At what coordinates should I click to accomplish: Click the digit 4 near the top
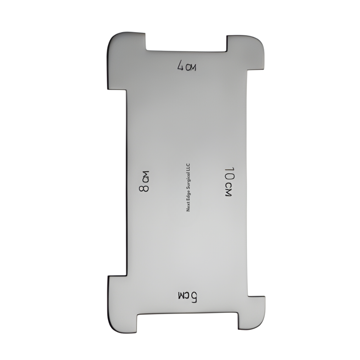(181, 65)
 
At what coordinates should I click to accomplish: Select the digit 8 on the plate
(144, 188)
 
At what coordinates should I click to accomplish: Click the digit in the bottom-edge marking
(194, 297)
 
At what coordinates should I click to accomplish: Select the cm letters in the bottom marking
(184, 295)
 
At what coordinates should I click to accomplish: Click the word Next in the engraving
(188, 208)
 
